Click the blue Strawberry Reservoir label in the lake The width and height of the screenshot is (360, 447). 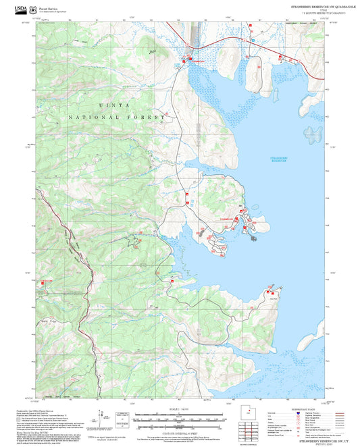click(x=278, y=159)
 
